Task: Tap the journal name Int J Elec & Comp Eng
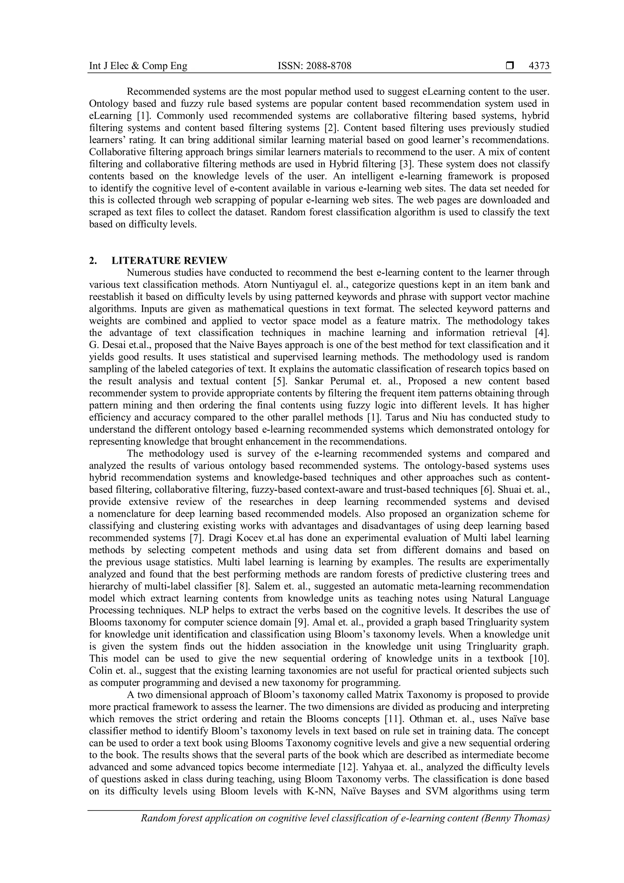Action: (138, 66)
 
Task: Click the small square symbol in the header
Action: (510, 66)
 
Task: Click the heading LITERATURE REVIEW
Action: (169, 261)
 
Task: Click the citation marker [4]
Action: (542, 333)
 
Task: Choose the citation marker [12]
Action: (346, 767)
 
